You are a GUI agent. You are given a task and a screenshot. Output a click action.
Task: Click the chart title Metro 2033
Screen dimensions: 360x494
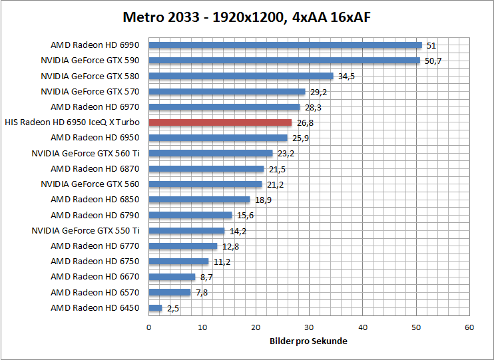[246, 17]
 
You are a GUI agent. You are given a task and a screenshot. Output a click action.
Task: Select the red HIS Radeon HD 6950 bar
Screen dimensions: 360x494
[220, 122]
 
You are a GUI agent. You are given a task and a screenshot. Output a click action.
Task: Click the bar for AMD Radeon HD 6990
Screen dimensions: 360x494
[285, 45]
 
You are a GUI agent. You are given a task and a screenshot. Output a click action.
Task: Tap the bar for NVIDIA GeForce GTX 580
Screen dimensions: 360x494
[240, 76]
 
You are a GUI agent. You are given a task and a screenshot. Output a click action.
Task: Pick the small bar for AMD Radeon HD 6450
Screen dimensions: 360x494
[155, 307]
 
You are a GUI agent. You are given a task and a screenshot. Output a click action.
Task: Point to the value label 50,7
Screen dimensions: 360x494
[433, 61]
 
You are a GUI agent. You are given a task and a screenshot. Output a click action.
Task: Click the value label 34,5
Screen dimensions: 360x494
[346, 77]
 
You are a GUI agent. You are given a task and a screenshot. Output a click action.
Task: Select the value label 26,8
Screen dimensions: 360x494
[305, 122]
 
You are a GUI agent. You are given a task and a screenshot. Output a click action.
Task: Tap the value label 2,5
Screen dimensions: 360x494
[173, 308]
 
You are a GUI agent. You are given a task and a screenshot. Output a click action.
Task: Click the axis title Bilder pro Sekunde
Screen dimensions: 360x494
[309, 341]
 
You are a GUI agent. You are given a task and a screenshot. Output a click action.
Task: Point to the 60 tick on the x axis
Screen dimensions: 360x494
[469, 327]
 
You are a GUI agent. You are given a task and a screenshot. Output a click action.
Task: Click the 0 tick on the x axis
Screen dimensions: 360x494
[148, 327]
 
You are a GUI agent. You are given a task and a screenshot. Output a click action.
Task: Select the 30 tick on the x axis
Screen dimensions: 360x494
[309, 327]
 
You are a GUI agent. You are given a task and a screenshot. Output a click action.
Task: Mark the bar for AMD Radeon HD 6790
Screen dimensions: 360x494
[190, 215]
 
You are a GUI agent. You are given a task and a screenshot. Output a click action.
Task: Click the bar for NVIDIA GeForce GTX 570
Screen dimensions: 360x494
[226, 92]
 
